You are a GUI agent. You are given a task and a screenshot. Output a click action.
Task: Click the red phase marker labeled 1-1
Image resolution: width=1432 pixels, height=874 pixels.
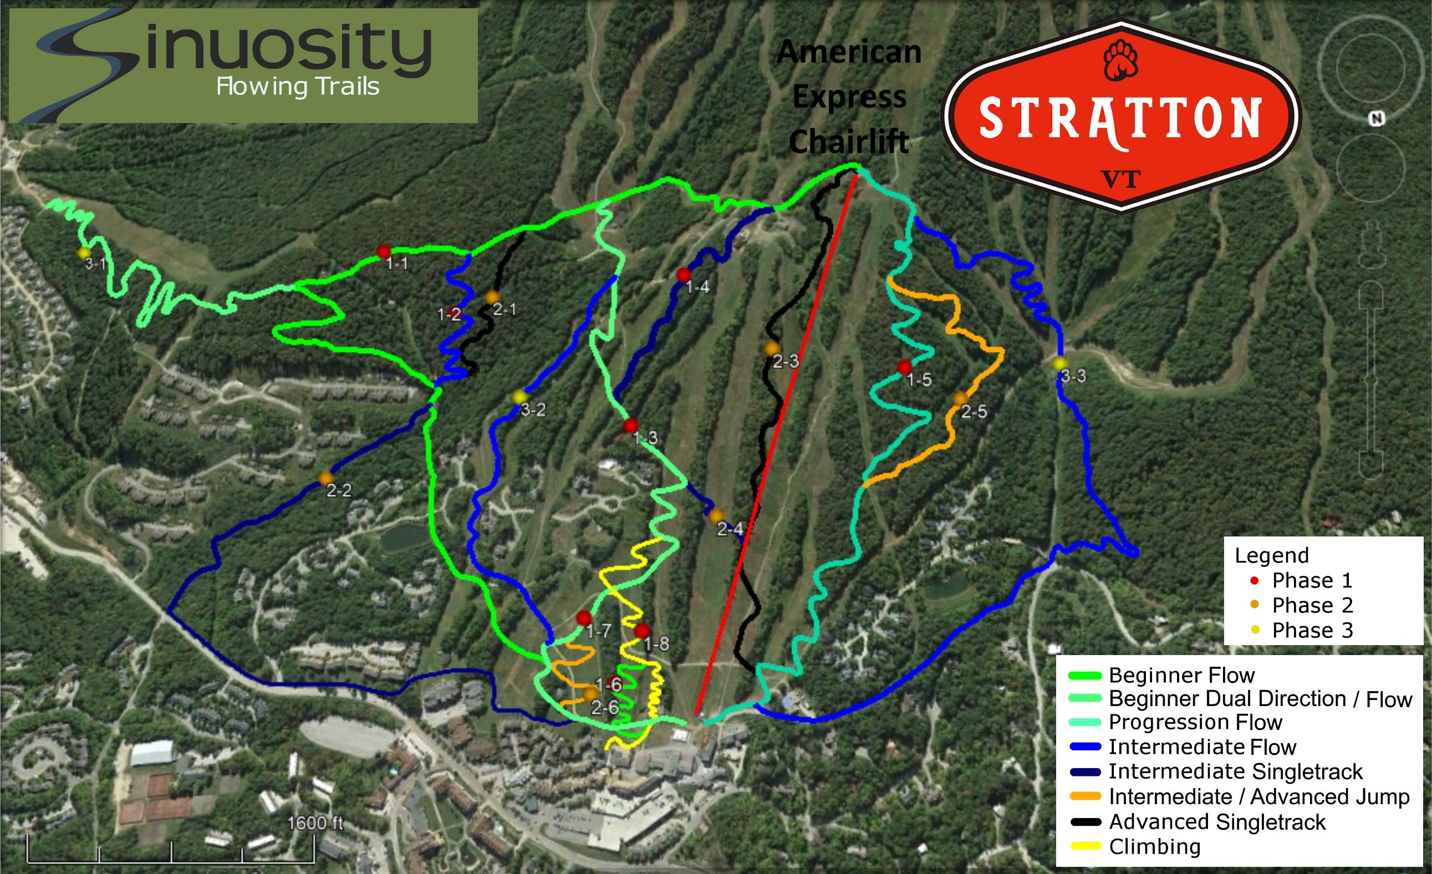pyautogui.click(x=383, y=252)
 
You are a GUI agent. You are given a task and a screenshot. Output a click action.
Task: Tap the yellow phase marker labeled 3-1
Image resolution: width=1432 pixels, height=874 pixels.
pyautogui.click(x=84, y=253)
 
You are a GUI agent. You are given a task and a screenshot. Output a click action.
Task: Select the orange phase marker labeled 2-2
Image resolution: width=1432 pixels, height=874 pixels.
pyautogui.click(x=325, y=478)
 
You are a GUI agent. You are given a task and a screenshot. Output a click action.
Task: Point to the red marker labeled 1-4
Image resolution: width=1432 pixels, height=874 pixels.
pyautogui.click(x=684, y=274)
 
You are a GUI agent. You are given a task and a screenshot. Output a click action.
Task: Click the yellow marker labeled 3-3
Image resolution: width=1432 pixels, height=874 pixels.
pyautogui.click(x=1060, y=364)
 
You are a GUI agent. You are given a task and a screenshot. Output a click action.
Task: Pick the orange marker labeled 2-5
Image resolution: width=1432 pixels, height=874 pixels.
pyautogui.click(x=960, y=398)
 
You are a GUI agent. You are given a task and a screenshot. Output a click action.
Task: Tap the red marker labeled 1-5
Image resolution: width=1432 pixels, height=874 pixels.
pyautogui.click(x=904, y=367)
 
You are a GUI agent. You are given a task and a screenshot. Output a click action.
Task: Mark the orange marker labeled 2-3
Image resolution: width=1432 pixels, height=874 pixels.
pyautogui.click(x=772, y=349)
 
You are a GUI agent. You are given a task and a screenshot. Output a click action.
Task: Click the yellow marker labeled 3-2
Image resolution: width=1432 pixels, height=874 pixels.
pyautogui.click(x=519, y=397)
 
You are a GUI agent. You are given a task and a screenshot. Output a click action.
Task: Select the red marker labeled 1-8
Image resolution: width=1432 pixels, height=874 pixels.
pyautogui.click(x=641, y=631)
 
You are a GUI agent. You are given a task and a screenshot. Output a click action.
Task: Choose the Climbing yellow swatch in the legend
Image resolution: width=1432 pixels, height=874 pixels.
pyautogui.click(x=1084, y=846)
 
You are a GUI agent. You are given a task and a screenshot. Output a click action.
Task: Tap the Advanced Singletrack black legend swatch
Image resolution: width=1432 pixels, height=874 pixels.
pyautogui.click(x=1084, y=822)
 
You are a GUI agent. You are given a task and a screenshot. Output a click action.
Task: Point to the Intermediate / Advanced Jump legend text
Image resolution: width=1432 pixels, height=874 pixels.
pyautogui.click(x=1259, y=797)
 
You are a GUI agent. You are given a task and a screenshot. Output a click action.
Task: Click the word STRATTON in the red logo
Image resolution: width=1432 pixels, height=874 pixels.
pyautogui.click(x=1120, y=119)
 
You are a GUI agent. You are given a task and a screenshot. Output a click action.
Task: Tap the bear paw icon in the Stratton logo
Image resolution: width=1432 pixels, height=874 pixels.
pyautogui.click(x=1120, y=60)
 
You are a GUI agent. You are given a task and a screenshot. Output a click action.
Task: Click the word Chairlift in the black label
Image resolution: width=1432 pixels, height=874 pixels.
pyautogui.click(x=849, y=141)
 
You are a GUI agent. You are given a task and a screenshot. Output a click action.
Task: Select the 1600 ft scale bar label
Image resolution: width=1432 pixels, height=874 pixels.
pyautogui.click(x=315, y=823)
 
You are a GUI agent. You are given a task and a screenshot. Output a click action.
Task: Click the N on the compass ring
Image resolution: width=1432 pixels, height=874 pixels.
pyautogui.click(x=1376, y=119)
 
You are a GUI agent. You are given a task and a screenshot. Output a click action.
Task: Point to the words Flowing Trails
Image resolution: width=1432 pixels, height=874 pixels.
pyautogui.click(x=298, y=87)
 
